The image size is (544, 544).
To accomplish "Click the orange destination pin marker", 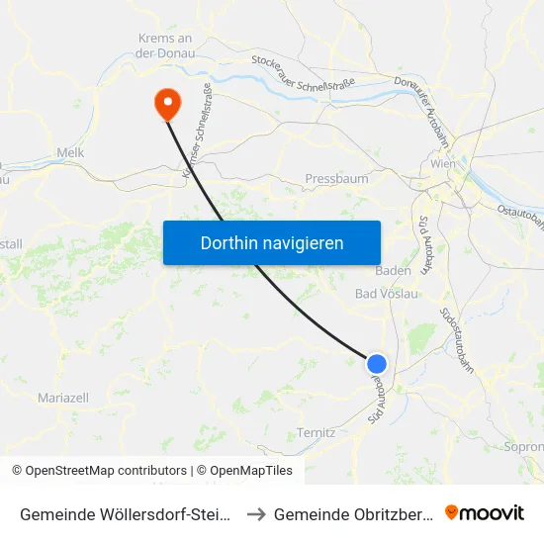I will coord(167,102).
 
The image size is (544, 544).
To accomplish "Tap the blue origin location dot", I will coord(376,363).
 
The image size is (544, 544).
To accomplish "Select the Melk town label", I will coord(71,152).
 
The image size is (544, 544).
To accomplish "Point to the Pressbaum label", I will coord(336,180).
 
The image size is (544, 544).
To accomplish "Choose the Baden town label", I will coord(394,270).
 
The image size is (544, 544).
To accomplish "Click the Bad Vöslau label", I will coord(386,294).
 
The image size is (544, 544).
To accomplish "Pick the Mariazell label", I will coord(62,397).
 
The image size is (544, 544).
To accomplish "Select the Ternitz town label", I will coord(317,432).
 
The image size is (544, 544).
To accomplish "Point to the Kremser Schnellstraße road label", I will coord(197,133).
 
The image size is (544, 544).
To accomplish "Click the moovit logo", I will coord(485,513).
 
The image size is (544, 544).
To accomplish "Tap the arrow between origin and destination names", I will coord(253,514).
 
